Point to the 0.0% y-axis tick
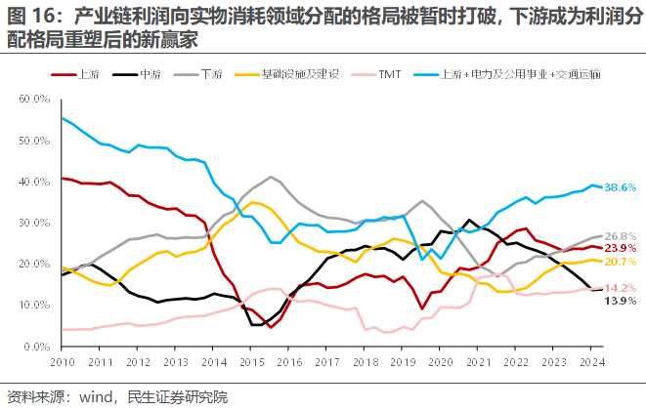pos(37,347)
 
